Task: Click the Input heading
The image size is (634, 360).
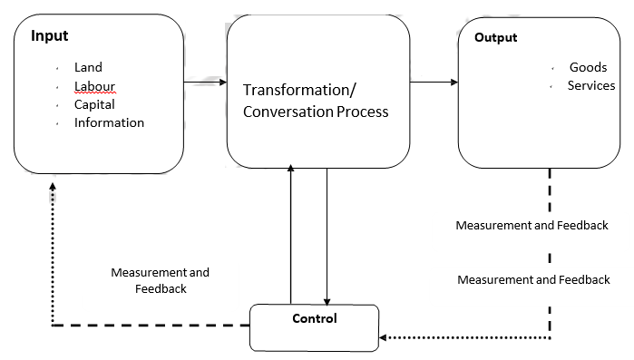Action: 50,36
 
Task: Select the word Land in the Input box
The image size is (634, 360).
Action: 88,67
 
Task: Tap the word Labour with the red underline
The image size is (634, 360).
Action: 94,86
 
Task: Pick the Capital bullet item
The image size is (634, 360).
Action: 94,104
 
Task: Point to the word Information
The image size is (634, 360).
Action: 109,122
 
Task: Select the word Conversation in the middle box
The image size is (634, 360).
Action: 285,112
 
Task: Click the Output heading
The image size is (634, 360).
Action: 496,37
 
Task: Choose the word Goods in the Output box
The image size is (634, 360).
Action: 588,68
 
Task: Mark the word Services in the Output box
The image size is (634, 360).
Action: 591,86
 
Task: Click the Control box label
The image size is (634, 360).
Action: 315,318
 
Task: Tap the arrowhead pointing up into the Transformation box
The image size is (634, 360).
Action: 290,170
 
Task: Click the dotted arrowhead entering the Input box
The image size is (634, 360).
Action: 53,186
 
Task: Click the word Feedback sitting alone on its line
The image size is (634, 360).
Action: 161,288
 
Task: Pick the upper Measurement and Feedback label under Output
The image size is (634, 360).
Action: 532,225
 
